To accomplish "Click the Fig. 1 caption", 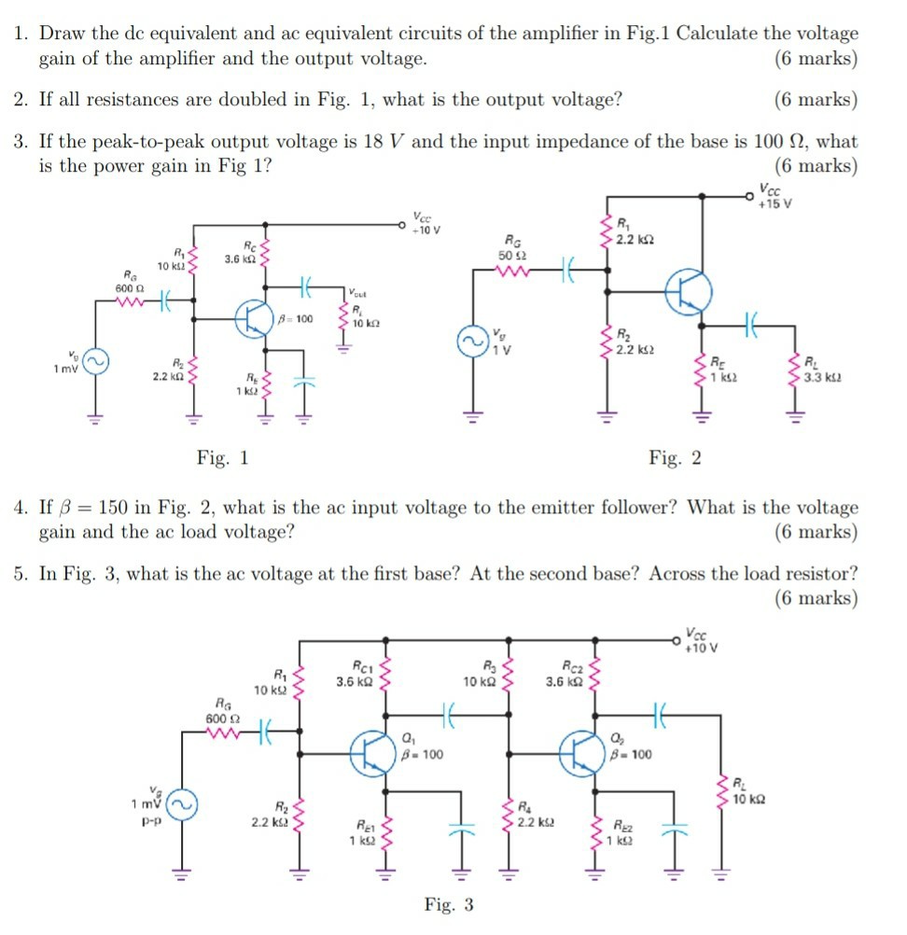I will [223, 458].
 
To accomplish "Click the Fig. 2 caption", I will [676, 458].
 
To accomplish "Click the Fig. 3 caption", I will [449, 904].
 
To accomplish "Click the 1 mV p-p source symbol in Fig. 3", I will [182, 803].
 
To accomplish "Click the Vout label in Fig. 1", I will [358, 292].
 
